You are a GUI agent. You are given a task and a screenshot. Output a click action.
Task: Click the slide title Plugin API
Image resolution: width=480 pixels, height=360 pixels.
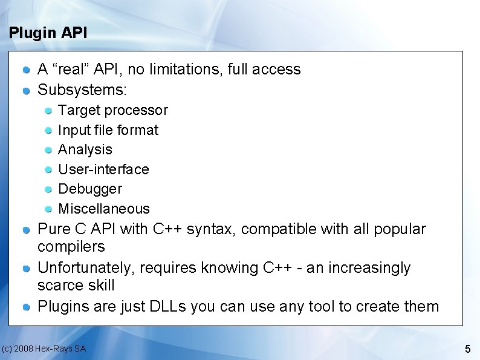(x=48, y=33)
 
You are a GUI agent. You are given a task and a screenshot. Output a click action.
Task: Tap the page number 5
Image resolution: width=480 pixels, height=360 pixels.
(x=467, y=349)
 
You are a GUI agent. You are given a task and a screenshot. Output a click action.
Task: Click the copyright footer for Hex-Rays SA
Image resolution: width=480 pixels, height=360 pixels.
(x=44, y=349)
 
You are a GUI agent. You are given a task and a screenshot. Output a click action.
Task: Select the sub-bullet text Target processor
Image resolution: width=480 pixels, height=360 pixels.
(x=112, y=111)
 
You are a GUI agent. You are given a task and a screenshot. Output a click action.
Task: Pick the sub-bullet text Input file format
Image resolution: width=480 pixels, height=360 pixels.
(x=108, y=130)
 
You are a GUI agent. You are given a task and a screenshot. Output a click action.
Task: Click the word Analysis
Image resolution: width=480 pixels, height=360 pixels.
(x=85, y=149)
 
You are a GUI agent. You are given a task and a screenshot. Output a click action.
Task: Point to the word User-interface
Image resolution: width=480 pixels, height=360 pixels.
(x=103, y=169)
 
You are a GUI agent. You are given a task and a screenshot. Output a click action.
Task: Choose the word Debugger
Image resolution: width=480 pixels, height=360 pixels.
(x=89, y=189)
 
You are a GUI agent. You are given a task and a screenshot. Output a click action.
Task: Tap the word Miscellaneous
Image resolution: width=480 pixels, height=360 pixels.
(x=103, y=209)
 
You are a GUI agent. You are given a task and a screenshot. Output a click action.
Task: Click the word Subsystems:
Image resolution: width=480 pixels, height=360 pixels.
(x=82, y=91)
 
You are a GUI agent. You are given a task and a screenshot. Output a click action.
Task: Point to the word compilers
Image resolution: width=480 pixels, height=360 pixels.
(x=71, y=247)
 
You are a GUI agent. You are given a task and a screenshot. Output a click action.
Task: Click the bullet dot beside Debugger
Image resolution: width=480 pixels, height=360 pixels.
(x=48, y=190)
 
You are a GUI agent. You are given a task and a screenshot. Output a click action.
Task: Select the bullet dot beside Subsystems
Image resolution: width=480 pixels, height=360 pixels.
(x=27, y=91)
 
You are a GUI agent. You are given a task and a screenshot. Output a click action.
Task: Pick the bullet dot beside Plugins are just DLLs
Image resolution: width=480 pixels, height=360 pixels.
(x=27, y=307)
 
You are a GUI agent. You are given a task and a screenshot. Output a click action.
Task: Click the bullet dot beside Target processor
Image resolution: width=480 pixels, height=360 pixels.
(x=48, y=111)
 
